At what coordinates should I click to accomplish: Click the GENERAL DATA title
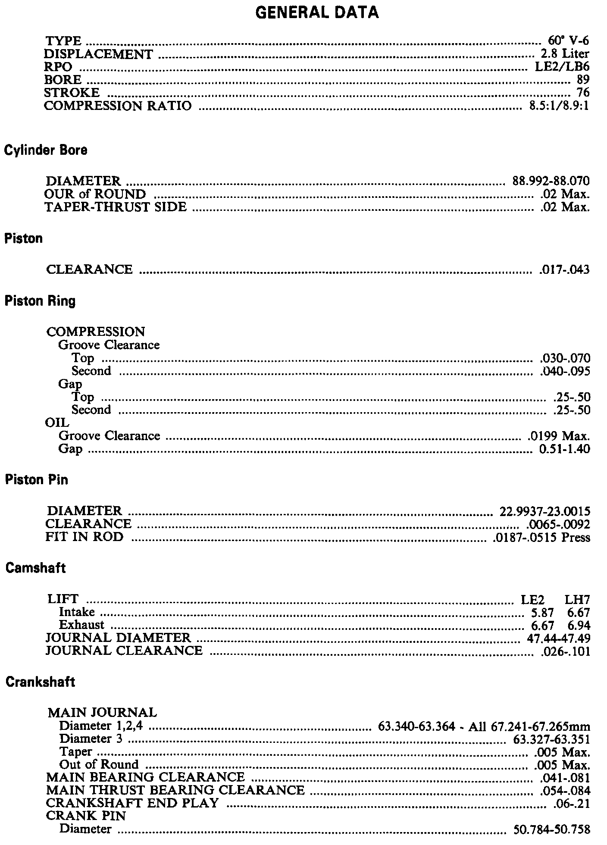(x=317, y=13)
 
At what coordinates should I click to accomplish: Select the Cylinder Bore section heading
(x=46, y=150)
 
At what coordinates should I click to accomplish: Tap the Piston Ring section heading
(x=40, y=300)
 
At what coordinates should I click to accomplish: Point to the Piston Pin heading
(x=37, y=480)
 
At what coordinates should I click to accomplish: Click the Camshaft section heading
(x=36, y=568)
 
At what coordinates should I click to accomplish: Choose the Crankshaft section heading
(x=40, y=682)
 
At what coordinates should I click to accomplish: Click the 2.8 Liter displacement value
(x=564, y=54)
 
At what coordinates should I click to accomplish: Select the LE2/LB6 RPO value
(x=562, y=67)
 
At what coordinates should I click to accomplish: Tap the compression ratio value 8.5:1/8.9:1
(x=559, y=106)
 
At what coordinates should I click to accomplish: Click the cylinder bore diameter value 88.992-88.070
(x=551, y=181)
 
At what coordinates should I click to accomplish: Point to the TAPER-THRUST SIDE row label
(x=116, y=207)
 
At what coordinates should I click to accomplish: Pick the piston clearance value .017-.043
(x=564, y=270)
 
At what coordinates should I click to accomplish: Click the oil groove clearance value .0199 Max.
(x=559, y=436)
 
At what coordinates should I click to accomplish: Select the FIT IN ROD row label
(x=84, y=537)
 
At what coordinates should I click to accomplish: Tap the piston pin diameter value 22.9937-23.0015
(x=545, y=511)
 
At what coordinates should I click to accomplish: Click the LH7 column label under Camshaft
(x=577, y=599)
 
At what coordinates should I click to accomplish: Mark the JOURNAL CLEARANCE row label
(x=124, y=650)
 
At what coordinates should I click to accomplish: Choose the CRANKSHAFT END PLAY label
(x=132, y=803)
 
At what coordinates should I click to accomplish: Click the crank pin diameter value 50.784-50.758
(x=552, y=829)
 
